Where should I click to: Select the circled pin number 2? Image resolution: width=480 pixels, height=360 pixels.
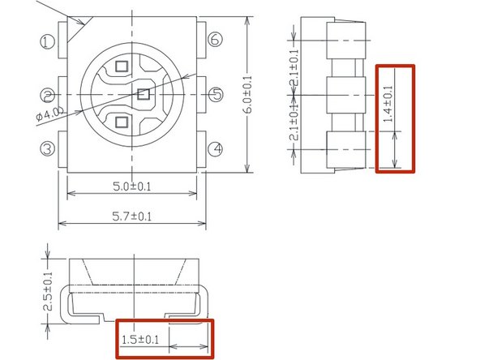click(48, 95)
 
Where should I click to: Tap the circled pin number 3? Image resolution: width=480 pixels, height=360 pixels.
click(48, 148)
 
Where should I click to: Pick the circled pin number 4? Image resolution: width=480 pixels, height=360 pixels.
click(215, 148)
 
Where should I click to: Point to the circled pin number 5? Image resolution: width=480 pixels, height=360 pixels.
click(216, 94)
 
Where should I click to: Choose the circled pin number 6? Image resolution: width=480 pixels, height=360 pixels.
click(215, 40)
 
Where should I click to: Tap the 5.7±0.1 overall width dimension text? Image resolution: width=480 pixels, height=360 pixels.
click(132, 216)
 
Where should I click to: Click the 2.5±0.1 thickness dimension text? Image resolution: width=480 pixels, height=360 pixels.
click(49, 292)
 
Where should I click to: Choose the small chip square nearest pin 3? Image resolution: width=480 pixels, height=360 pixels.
click(121, 122)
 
